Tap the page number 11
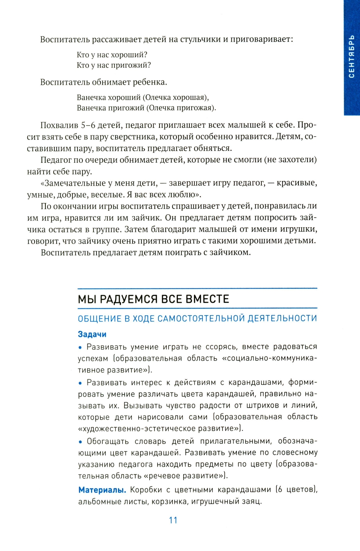coord(173,520)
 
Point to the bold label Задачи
coord(92,334)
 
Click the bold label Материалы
coord(102,490)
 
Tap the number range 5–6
coord(88,125)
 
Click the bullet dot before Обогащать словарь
coord(80,442)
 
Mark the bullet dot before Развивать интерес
coord(80,383)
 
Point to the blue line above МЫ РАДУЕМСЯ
coord(197,288)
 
